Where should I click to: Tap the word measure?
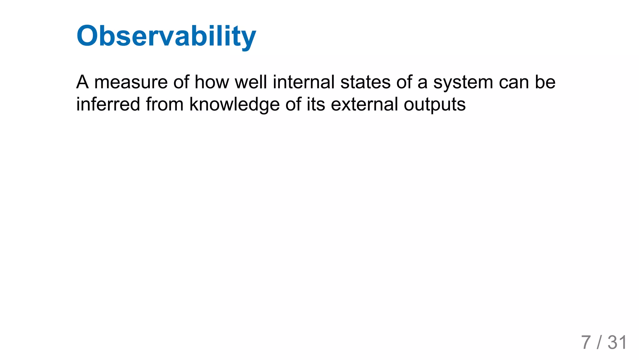[131, 82]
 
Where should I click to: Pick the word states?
[365, 82]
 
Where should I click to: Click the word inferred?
[108, 104]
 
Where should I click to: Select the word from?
[164, 104]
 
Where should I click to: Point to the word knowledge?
[234, 105]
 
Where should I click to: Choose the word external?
[364, 104]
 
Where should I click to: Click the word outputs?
[435, 105]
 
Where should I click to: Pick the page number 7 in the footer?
[586, 343]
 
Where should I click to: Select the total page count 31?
[617, 343]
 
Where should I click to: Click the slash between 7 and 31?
[599, 343]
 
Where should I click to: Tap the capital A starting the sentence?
[82, 82]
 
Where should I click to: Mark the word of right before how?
[181, 82]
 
